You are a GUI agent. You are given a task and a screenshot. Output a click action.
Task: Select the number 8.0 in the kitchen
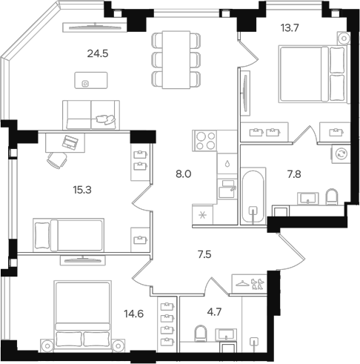coord(181,175)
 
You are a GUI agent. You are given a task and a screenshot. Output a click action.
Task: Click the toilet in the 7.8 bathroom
coord(332,196)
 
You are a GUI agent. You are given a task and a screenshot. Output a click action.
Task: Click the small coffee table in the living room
coord(86,83)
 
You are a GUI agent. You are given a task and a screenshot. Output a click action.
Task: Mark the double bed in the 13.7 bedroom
coord(310,73)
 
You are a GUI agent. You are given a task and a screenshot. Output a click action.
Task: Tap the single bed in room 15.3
coord(68,235)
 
